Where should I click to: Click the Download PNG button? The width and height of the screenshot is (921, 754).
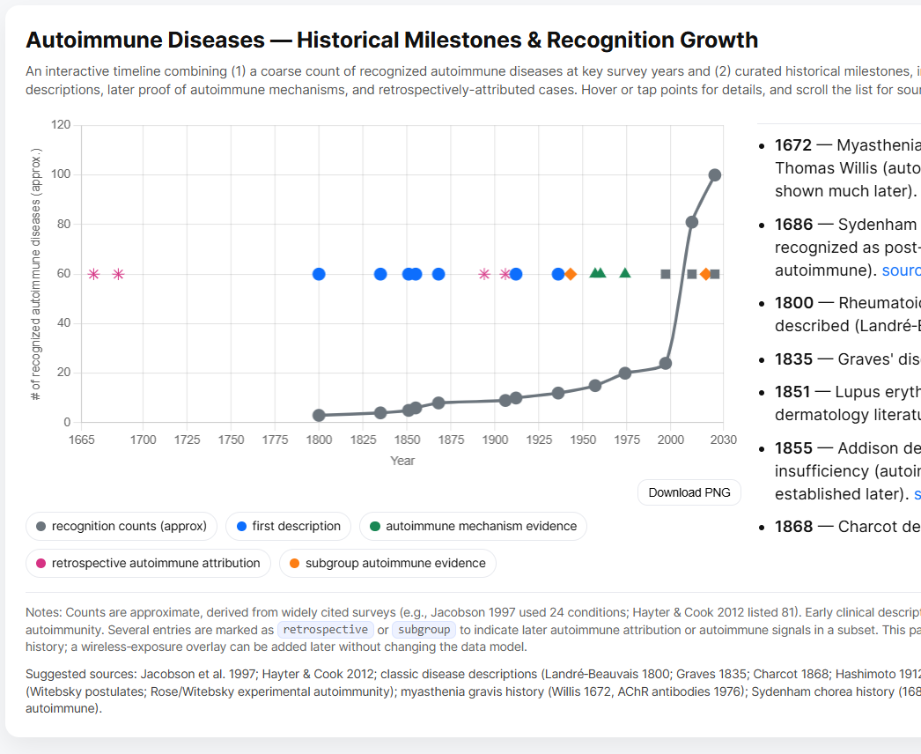[689, 492]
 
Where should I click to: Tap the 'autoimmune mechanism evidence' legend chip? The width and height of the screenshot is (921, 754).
[473, 526]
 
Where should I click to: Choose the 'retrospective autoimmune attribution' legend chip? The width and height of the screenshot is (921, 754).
[148, 563]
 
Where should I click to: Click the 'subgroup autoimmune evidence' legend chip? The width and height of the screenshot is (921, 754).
[387, 563]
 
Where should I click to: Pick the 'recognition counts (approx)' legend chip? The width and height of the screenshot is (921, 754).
[122, 526]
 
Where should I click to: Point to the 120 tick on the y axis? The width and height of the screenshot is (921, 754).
[61, 125]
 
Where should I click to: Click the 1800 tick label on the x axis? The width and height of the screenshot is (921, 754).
[319, 440]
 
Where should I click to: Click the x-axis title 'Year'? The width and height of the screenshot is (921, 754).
[402, 461]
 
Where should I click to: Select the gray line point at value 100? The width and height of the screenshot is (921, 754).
[715, 175]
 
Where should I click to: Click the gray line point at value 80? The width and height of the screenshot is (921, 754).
[692, 222]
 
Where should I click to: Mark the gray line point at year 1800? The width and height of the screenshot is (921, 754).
[319, 415]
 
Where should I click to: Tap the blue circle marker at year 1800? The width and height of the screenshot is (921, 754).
[319, 274]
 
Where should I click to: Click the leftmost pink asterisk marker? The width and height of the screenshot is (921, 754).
[93, 274]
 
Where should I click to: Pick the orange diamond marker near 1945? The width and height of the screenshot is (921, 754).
[571, 274]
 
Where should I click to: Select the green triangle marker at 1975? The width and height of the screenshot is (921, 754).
[625, 273]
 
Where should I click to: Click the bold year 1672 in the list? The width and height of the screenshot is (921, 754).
[793, 145]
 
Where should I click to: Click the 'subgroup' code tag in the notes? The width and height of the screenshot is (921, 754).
[424, 630]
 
